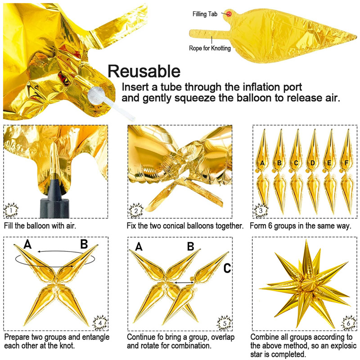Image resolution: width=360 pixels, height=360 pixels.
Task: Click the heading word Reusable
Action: (144, 71)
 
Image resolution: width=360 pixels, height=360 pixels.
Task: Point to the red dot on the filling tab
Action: (229, 14)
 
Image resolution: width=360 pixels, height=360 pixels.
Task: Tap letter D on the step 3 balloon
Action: (312, 163)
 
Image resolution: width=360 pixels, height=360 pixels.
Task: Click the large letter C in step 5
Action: (227, 269)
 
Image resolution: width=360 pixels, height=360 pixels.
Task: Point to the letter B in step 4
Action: (84, 244)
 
